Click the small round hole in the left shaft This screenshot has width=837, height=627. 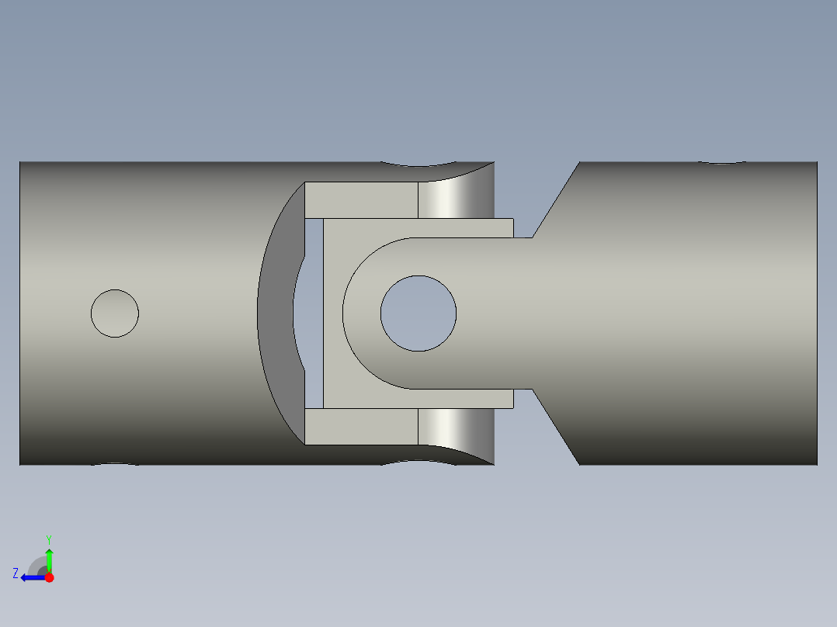point(115,313)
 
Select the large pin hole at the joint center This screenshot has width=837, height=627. point(418,313)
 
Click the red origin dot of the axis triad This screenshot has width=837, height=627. point(49,577)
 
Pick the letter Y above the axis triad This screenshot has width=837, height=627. point(48,539)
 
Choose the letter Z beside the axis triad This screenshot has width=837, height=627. point(16,573)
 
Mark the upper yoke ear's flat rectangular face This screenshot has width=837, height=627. point(361,200)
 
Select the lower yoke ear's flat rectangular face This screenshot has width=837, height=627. point(361,426)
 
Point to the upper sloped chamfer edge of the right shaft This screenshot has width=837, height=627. point(556,199)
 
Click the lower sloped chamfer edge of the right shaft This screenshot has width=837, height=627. point(556,427)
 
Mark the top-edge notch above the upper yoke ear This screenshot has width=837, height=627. point(418,165)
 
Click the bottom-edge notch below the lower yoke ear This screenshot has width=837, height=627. point(418,462)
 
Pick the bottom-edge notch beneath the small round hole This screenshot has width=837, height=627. point(116,464)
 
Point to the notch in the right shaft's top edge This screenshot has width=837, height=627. point(722,163)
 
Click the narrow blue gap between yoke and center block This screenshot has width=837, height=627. point(314,313)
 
